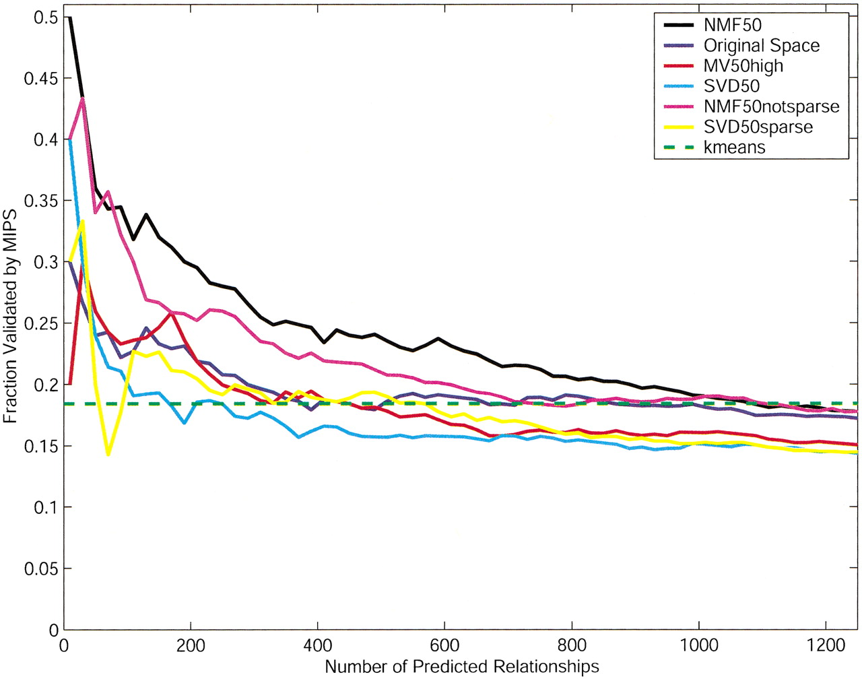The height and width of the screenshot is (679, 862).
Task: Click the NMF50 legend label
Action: point(733,26)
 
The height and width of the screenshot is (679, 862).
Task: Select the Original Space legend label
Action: point(762,46)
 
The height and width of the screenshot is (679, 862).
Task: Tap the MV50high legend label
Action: point(743,66)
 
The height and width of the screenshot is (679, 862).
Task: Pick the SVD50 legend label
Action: point(732,86)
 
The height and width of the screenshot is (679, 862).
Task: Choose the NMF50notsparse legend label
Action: point(772,106)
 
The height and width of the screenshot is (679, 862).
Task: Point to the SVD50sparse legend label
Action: point(758,127)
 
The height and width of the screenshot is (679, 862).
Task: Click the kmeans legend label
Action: point(735,147)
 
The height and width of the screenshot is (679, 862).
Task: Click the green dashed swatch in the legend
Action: point(679,147)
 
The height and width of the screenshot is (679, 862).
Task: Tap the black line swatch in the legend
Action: point(679,26)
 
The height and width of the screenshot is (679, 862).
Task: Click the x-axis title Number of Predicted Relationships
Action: point(462,667)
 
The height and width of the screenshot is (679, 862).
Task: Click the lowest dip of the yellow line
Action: point(108,455)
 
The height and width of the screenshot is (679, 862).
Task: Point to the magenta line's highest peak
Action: point(83,98)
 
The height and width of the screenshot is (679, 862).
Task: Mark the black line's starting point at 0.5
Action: point(69,18)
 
